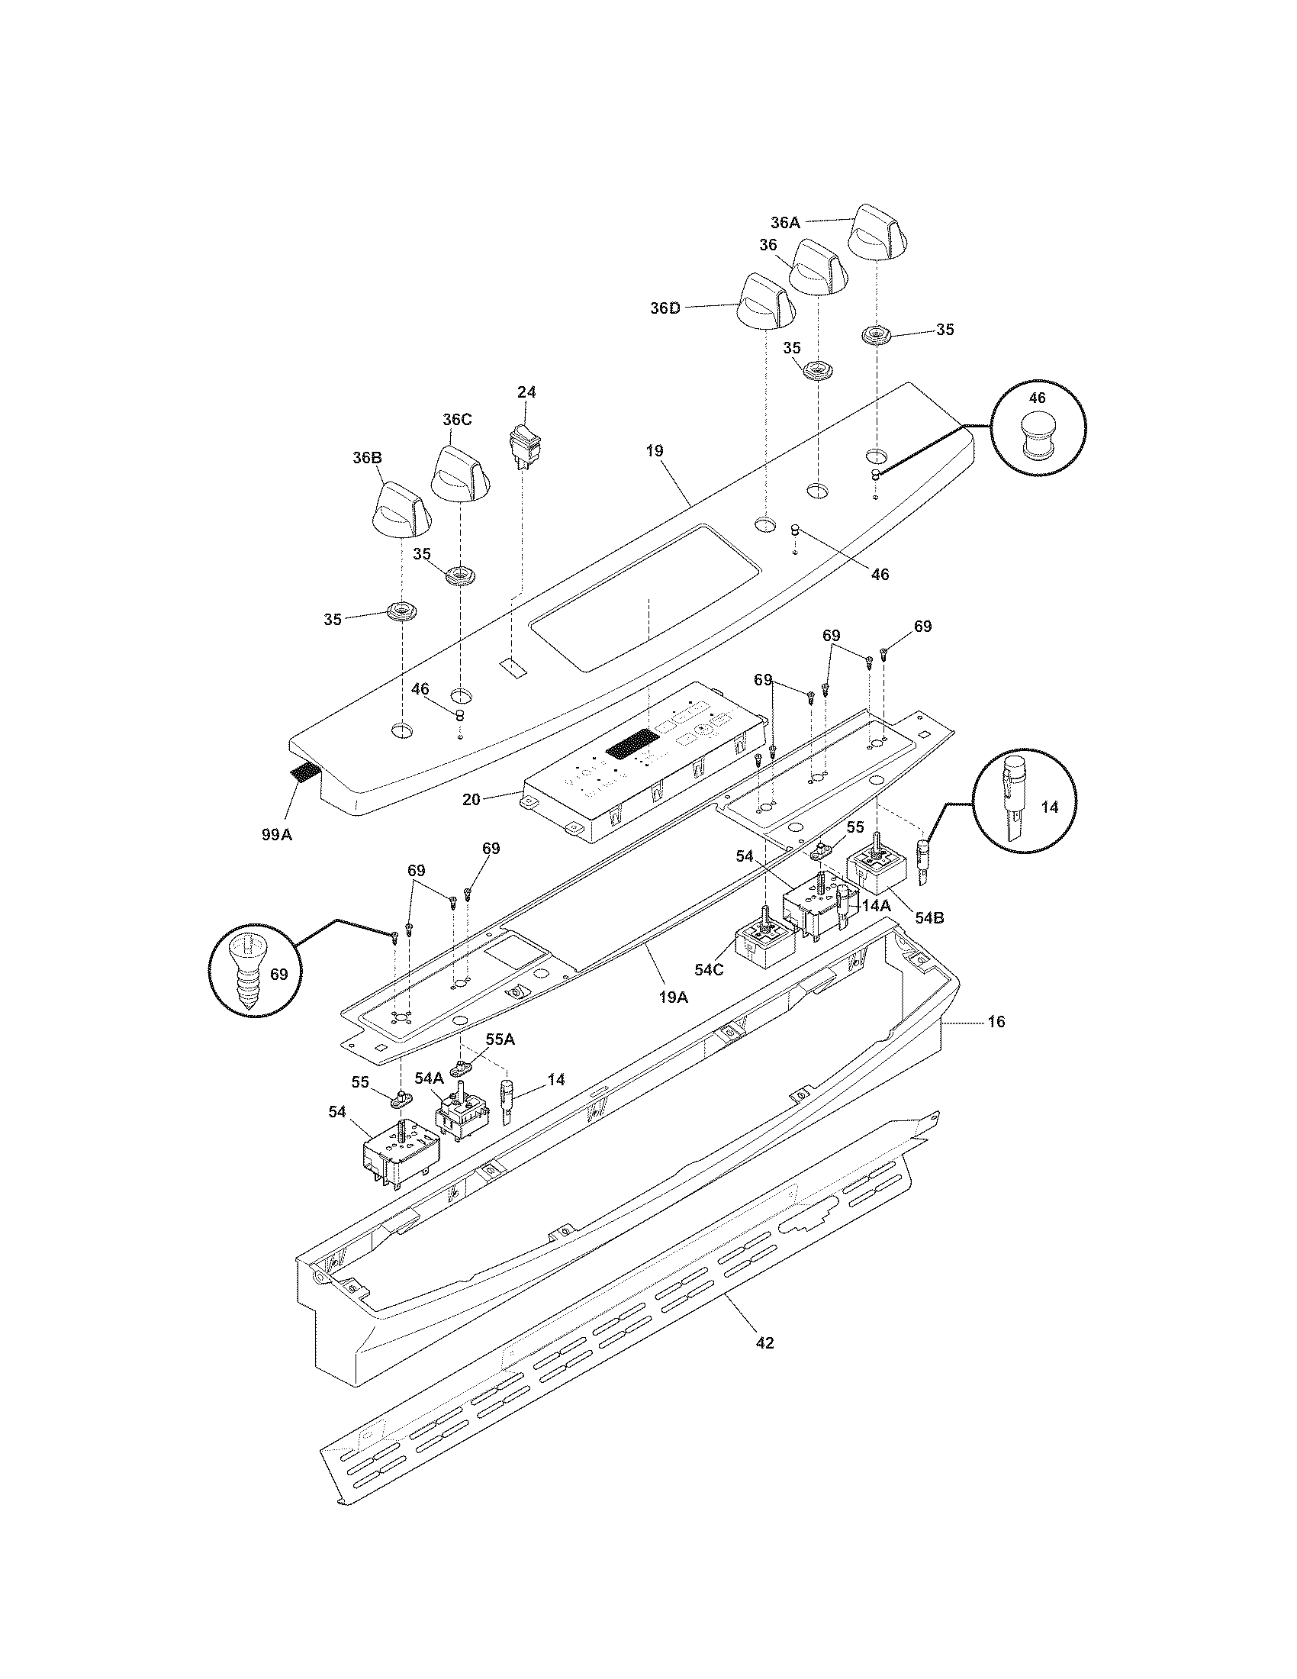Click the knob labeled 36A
click(877, 233)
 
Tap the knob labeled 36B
click(401, 511)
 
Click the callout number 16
click(996, 1022)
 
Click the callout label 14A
click(875, 906)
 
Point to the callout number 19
click(654, 451)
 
